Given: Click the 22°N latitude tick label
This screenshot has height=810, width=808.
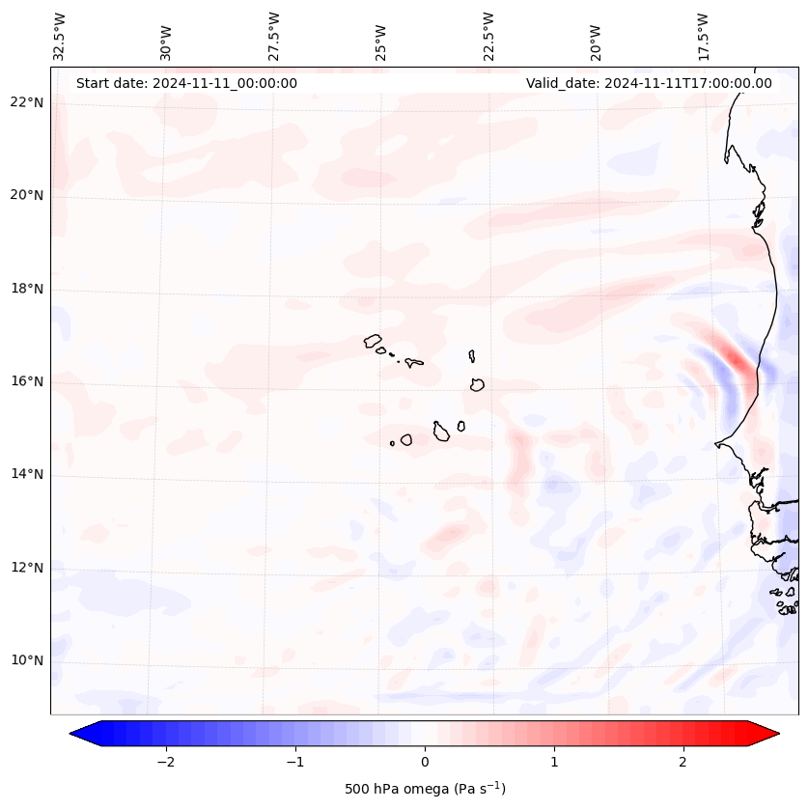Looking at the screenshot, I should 27,102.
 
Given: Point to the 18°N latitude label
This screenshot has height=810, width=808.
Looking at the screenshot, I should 27,289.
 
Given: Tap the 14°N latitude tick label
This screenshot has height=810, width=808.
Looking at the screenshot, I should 27,474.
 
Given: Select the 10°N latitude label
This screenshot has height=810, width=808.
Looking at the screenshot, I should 27,660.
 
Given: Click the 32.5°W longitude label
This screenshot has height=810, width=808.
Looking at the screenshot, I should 60,36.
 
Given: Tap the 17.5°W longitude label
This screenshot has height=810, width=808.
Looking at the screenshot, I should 704,36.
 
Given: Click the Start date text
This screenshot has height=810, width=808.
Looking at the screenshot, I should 186,83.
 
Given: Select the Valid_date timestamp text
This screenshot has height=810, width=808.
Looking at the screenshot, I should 649,83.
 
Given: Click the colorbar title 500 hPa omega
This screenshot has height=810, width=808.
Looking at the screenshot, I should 425,789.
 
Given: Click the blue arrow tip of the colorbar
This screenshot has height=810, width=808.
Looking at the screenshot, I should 80,734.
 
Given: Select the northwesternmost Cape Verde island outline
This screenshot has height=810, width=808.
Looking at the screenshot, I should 373,341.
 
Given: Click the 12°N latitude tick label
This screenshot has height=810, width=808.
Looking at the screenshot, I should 27,567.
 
